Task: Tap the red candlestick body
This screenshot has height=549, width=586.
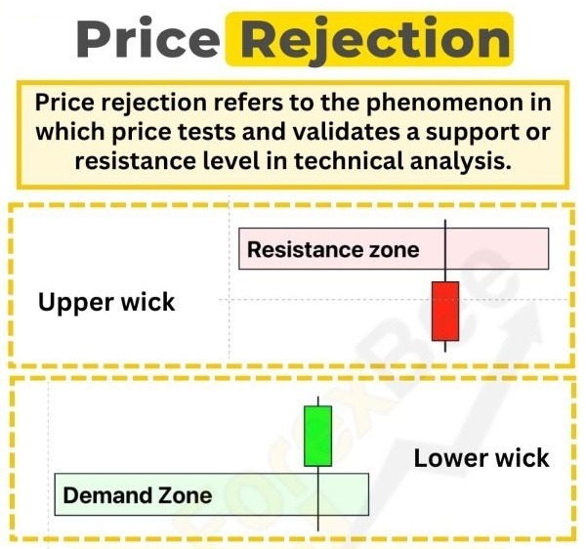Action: (x=444, y=310)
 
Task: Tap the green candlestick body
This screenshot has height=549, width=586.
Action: (x=317, y=436)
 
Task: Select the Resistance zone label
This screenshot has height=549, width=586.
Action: (x=332, y=249)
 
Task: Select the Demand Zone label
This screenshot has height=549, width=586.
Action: (x=137, y=494)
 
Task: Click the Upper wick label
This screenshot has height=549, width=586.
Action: (x=106, y=302)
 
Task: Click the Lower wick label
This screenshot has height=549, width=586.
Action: (x=481, y=457)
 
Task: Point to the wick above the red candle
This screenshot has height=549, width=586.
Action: (x=444, y=250)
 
